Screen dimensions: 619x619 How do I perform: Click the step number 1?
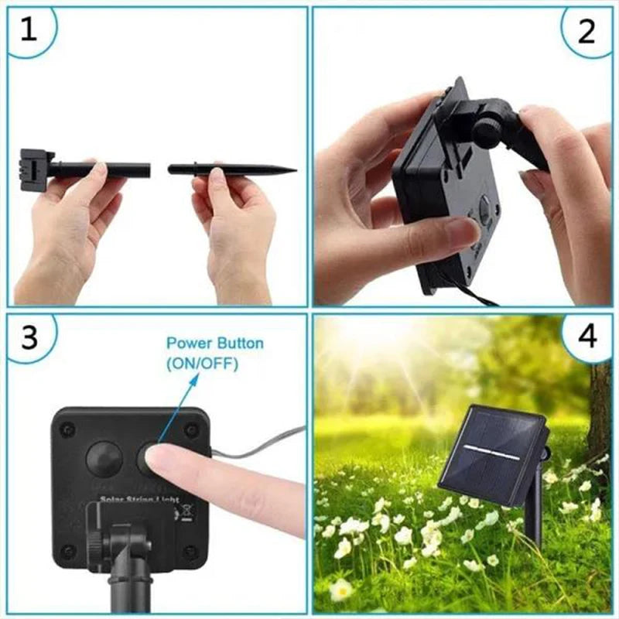pos(29,29)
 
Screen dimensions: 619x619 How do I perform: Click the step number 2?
pos(587,31)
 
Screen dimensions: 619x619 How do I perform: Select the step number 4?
pos(587,337)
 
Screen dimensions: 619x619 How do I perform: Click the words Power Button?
pos(215,343)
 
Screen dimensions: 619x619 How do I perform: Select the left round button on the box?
pos(104,459)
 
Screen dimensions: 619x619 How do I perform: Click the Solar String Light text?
pos(139,501)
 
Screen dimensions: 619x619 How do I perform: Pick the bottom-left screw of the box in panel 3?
pos(67,550)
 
